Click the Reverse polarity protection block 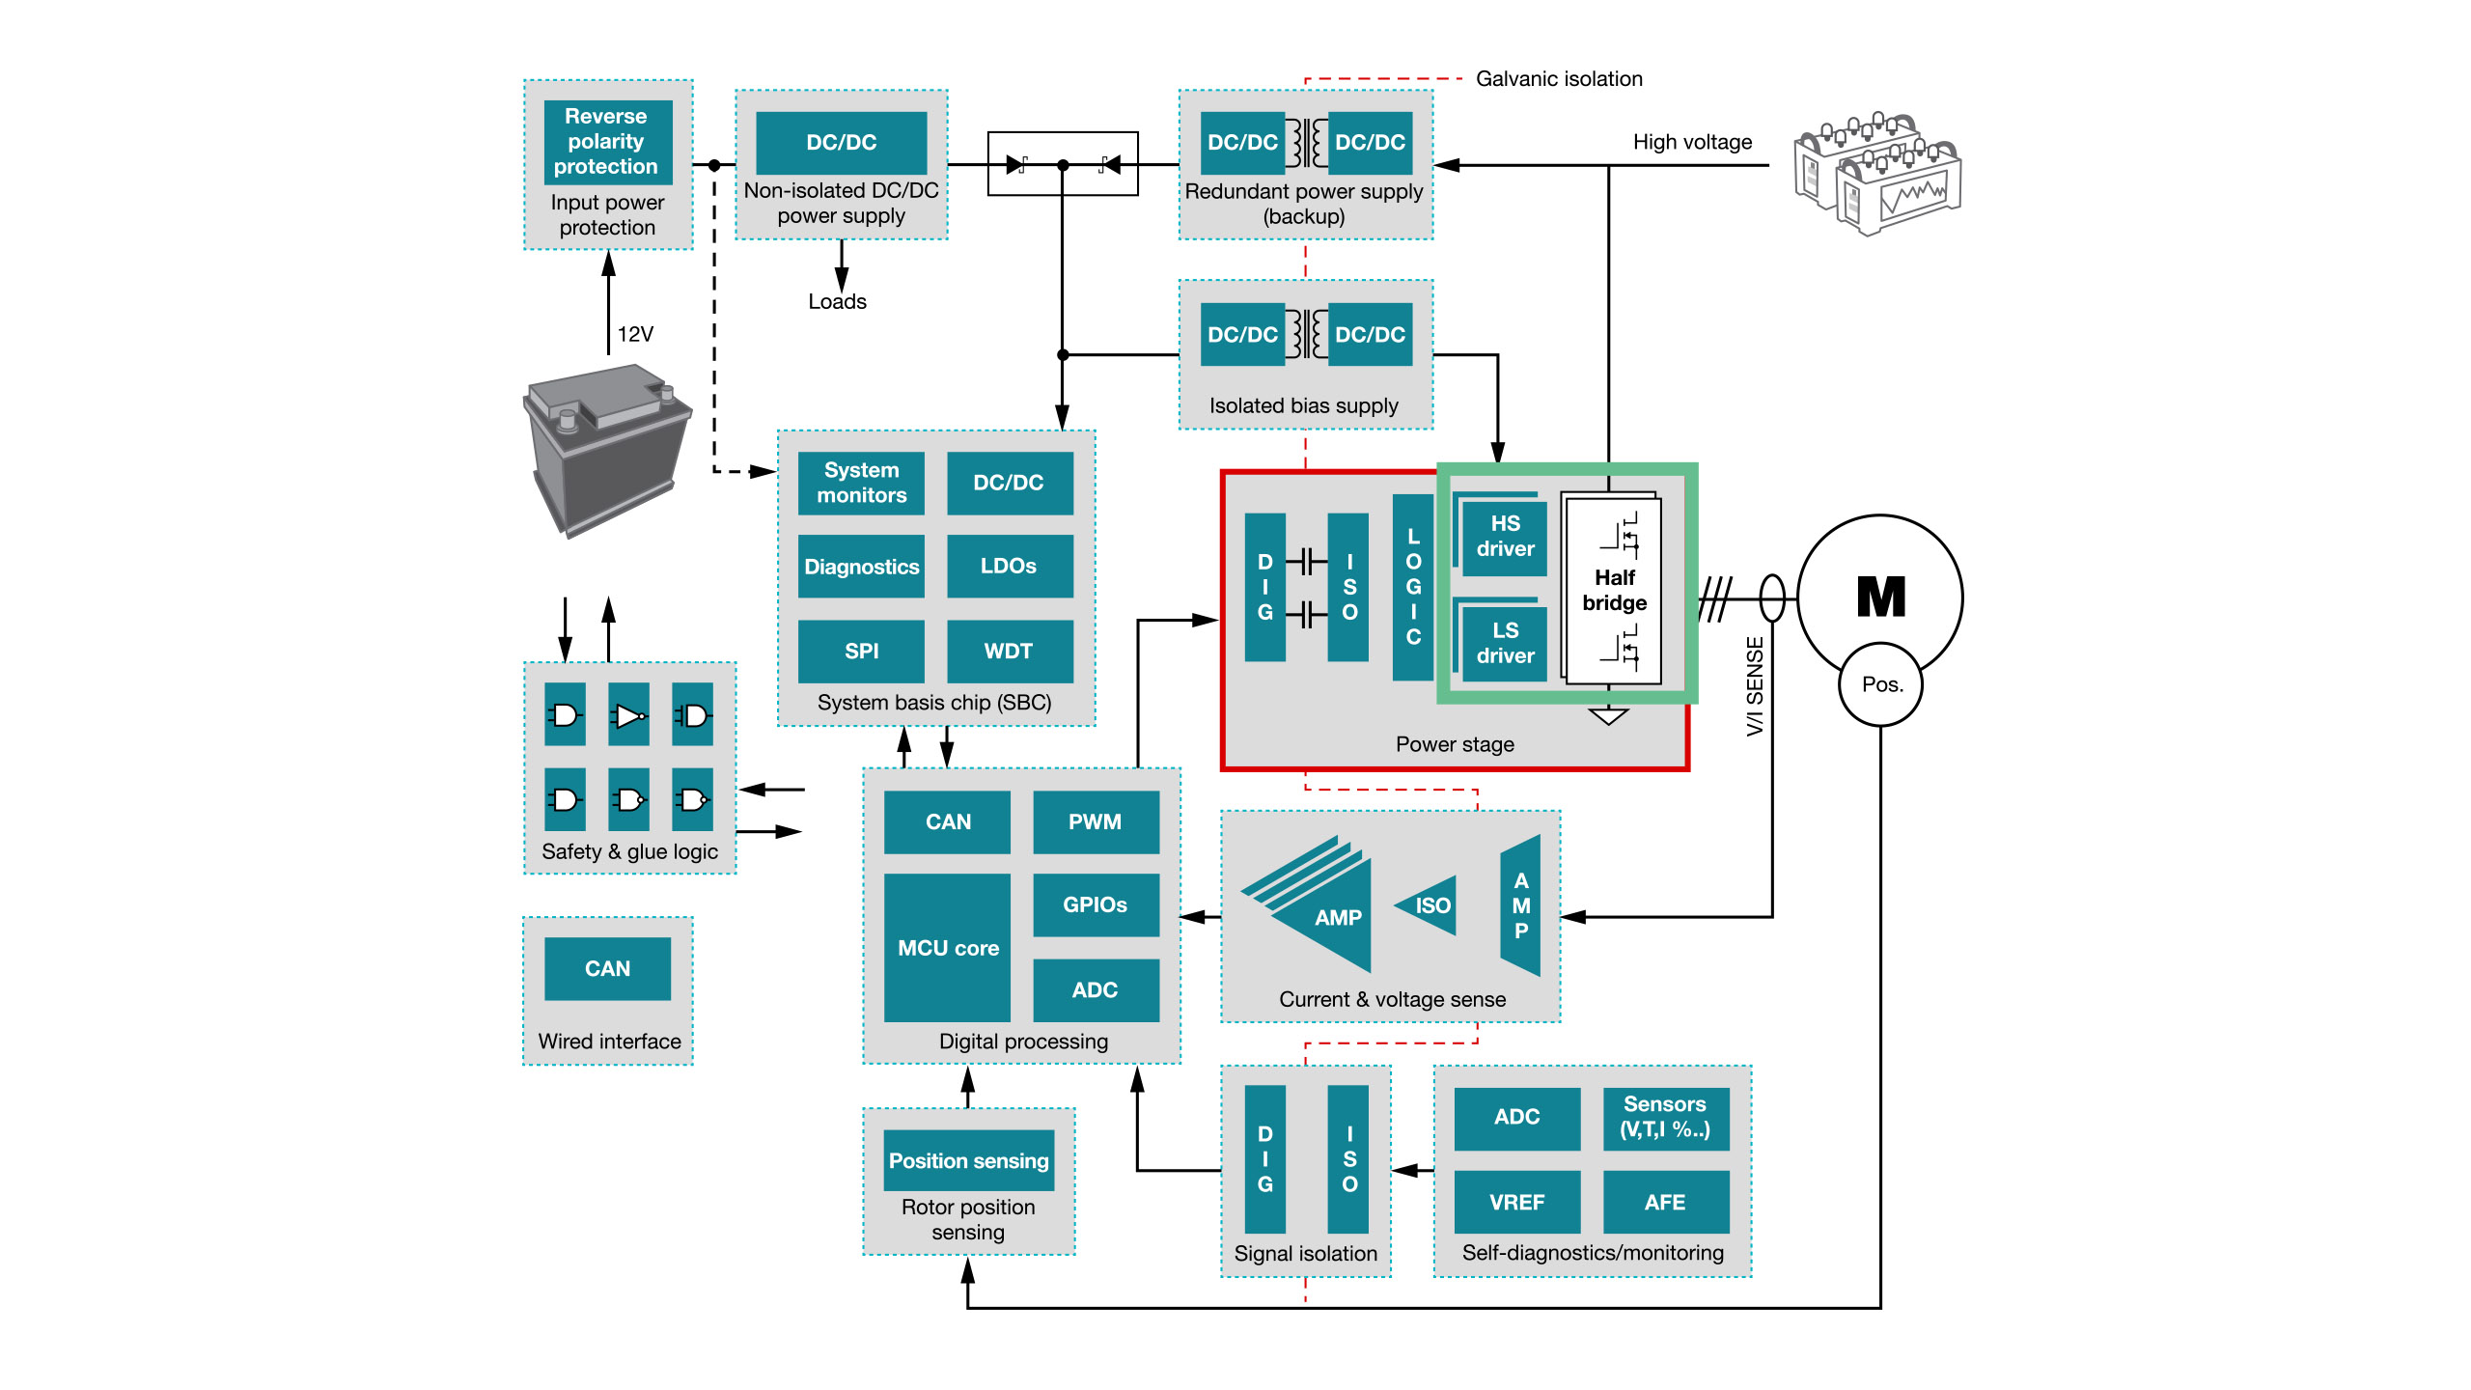[x=607, y=141]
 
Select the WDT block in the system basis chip [x=1009, y=651]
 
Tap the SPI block [x=861, y=651]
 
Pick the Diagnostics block [x=861, y=567]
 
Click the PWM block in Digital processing [x=1095, y=821]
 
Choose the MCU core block [x=947, y=947]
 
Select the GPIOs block [x=1095, y=904]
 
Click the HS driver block [x=1505, y=537]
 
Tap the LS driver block [x=1505, y=643]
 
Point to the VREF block [x=1516, y=1202]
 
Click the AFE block [x=1665, y=1202]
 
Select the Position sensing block [x=968, y=1160]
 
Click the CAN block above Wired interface [x=607, y=968]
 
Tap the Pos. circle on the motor [x=1881, y=684]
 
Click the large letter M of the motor [x=1880, y=597]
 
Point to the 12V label [x=635, y=334]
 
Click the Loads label [x=837, y=301]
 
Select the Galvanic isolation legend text [x=1558, y=79]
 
